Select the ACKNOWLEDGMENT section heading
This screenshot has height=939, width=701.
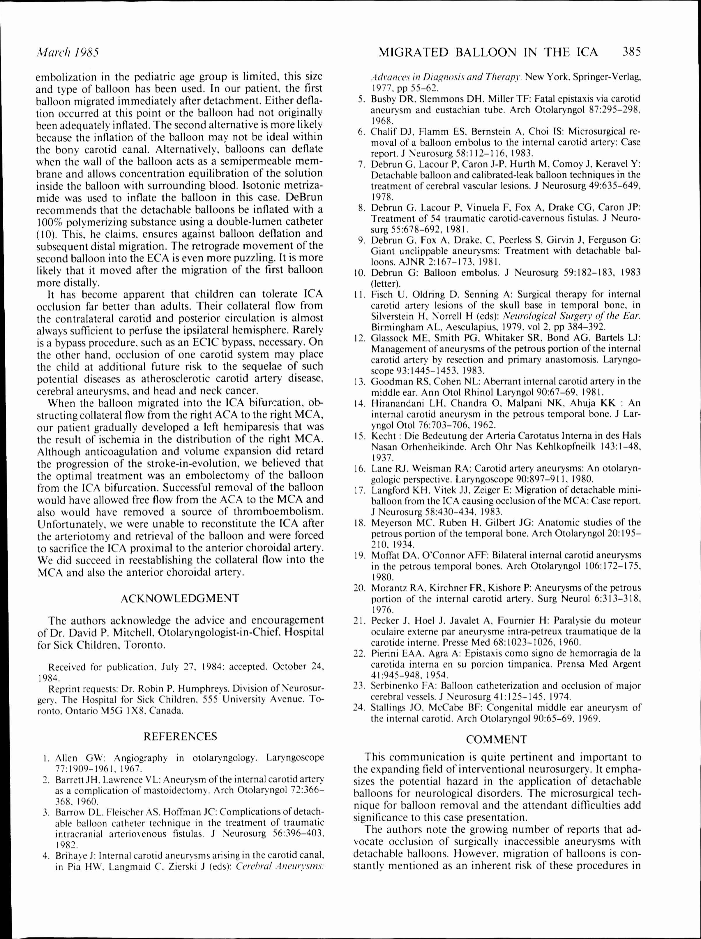coord(180,598)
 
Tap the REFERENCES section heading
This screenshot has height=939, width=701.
coord(180,736)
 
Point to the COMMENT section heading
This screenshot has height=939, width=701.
coord(497,739)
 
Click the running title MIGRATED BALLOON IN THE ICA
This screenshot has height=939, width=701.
coord(488,53)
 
